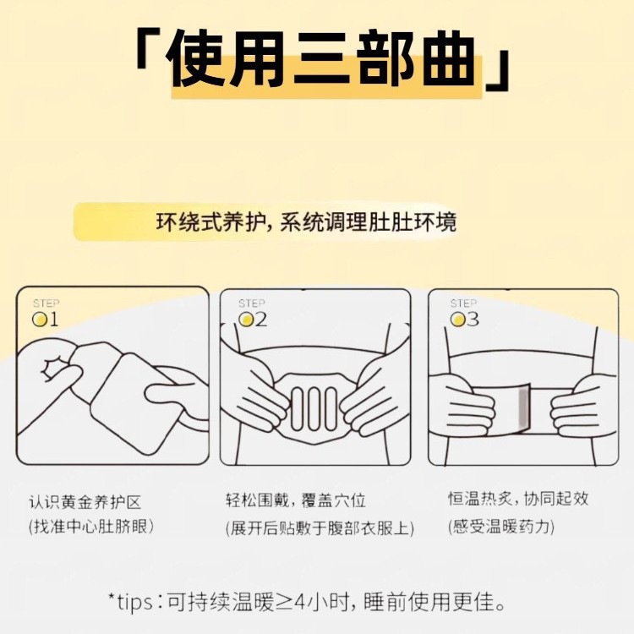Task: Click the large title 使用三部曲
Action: pyautogui.click(x=321, y=62)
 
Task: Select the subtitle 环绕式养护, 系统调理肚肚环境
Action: pyautogui.click(x=306, y=222)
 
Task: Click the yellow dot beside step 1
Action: pyautogui.click(x=40, y=320)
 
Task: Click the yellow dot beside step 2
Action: pyautogui.click(x=246, y=320)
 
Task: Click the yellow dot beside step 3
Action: pyautogui.click(x=457, y=320)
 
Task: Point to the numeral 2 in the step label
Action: pyautogui.click(x=261, y=320)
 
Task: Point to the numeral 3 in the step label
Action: pyautogui.click(x=473, y=320)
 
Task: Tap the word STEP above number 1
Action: pyautogui.click(x=46, y=303)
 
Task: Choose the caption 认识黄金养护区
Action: pyautogui.click(x=85, y=503)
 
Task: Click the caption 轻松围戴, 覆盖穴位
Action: pyautogui.click(x=296, y=501)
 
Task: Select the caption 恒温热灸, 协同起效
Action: pyautogui.click(x=518, y=499)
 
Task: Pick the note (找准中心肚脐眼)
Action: pyautogui.click(x=91, y=527)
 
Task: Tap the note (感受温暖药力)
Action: pyautogui.click(x=501, y=527)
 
